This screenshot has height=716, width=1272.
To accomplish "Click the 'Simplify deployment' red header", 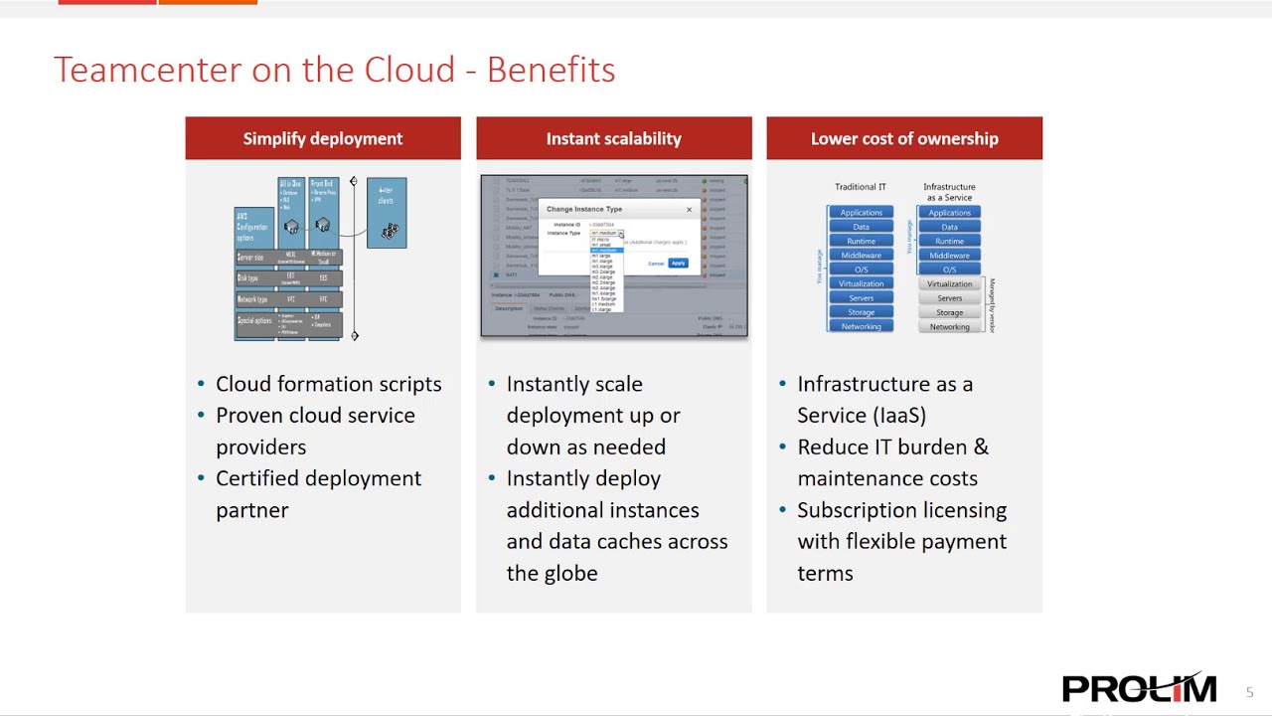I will pos(323,138).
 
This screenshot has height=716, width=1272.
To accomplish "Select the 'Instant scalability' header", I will pos(613,138).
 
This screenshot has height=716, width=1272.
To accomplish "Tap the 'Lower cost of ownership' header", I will pos(904,138).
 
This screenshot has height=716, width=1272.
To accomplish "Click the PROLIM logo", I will pos(1139,688).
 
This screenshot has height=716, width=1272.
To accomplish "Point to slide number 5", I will pos(1250,692).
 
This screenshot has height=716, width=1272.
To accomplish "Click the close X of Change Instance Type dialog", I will pos(689,210).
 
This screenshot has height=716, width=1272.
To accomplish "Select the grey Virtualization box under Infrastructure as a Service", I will pos(949,284).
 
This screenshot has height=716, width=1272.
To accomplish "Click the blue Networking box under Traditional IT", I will pos(861,326).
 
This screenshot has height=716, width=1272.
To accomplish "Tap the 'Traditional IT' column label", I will pos(861,187).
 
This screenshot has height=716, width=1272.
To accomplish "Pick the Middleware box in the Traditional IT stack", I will pos(861,256).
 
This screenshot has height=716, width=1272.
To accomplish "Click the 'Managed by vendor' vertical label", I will pos(992,304).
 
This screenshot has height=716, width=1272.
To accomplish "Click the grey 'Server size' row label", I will pos(251,258).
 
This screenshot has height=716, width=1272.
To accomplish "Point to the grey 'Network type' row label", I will pos(252,299).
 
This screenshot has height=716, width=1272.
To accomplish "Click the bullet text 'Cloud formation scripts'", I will pos(328,384).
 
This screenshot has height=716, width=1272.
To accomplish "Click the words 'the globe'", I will pos(552,573).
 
